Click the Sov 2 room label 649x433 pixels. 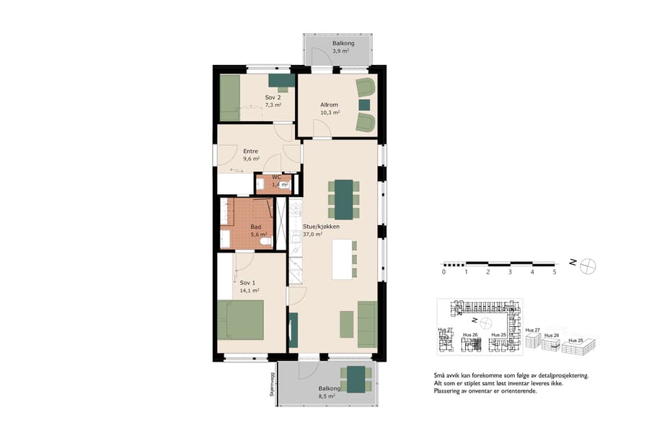click(273, 97)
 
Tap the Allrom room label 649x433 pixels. click(330, 105)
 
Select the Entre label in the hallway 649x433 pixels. click(251, 151)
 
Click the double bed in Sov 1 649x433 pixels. click(241, 320)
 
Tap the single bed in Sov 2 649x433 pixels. click(229, 97)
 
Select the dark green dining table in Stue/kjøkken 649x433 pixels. click(344, 198)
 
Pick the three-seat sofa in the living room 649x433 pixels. click(367, 324)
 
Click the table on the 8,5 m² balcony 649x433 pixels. click(356, 378)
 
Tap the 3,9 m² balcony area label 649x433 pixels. click(340, 48)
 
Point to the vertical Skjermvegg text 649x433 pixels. click(273, 385)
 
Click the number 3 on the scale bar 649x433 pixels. click(510, 272)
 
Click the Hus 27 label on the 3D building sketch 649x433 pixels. click(532, 330)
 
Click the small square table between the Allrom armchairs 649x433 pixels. click(365, 105)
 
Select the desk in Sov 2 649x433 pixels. click(281, 80)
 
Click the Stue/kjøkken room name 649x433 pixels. click(321, 226)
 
